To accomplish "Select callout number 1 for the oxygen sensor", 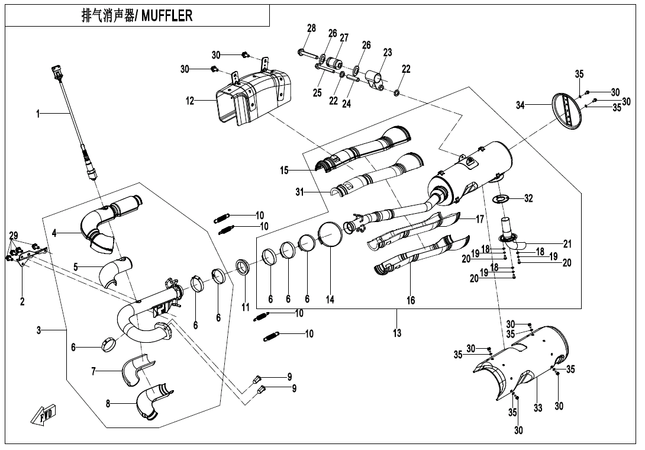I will pyautogui.click(x=38, y=114).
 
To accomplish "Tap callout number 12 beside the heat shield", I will pyautogui.click(x=190, y=101).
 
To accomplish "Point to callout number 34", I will pyautogui.click(x=520, y=105).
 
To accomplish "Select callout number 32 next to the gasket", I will pyautogui.click(x=528, y=198).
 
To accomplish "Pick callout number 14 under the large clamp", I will pyautogui.click(x=330, y=300).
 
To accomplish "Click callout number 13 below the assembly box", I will pyautogui.click(x=397, y=333).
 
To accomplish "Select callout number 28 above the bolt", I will pyautogui.click(x=312, y=28).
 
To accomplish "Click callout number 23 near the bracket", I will pyautogui.click(x=387, y=53).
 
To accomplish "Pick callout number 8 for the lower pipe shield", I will pyautogui.click(x=108, y=404).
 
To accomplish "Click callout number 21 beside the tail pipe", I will pyautogui.click(x=567, y=243).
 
